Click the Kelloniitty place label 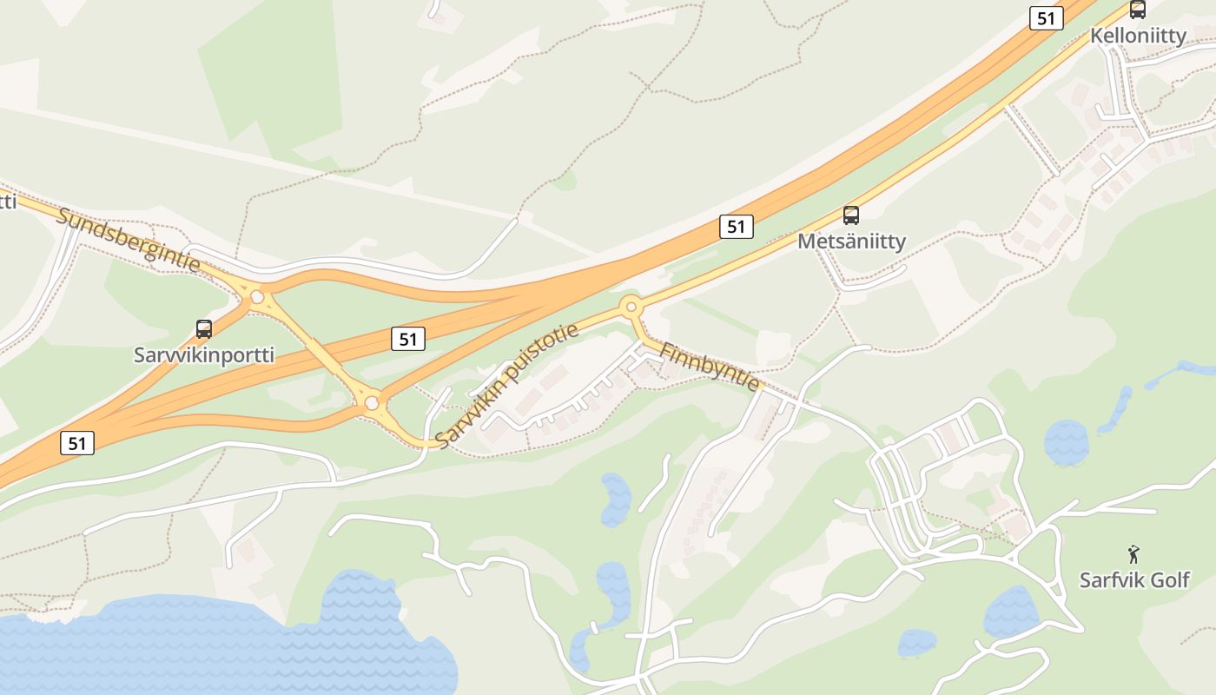(x=1139, y=36)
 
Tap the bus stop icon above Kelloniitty (x=1137, y=10)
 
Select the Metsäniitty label (x=851, y=242)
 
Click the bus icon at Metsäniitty (x=851, y=215)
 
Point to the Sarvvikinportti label (x=204, y=354)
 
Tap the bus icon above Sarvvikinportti (x=204, y=329)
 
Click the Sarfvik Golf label (x=1134, y=579)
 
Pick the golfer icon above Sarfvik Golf (x=1133, y=554)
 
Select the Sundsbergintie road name (x=129, y=239)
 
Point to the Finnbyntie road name (x=710, y=366)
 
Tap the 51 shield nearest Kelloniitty (x=1047, y=18)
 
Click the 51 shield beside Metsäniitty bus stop (x=736, y=227)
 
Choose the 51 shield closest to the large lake (x=77, y=443)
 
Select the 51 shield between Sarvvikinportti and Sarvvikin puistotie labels (x=407, y=339)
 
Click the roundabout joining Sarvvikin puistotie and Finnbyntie (x=631, y=307)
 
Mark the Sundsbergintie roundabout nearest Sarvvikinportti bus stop (x=257, y=297)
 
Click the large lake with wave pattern (x=217, y=647)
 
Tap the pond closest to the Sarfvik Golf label (x=1011, y=611)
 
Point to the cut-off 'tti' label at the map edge (x=7, y=202)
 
